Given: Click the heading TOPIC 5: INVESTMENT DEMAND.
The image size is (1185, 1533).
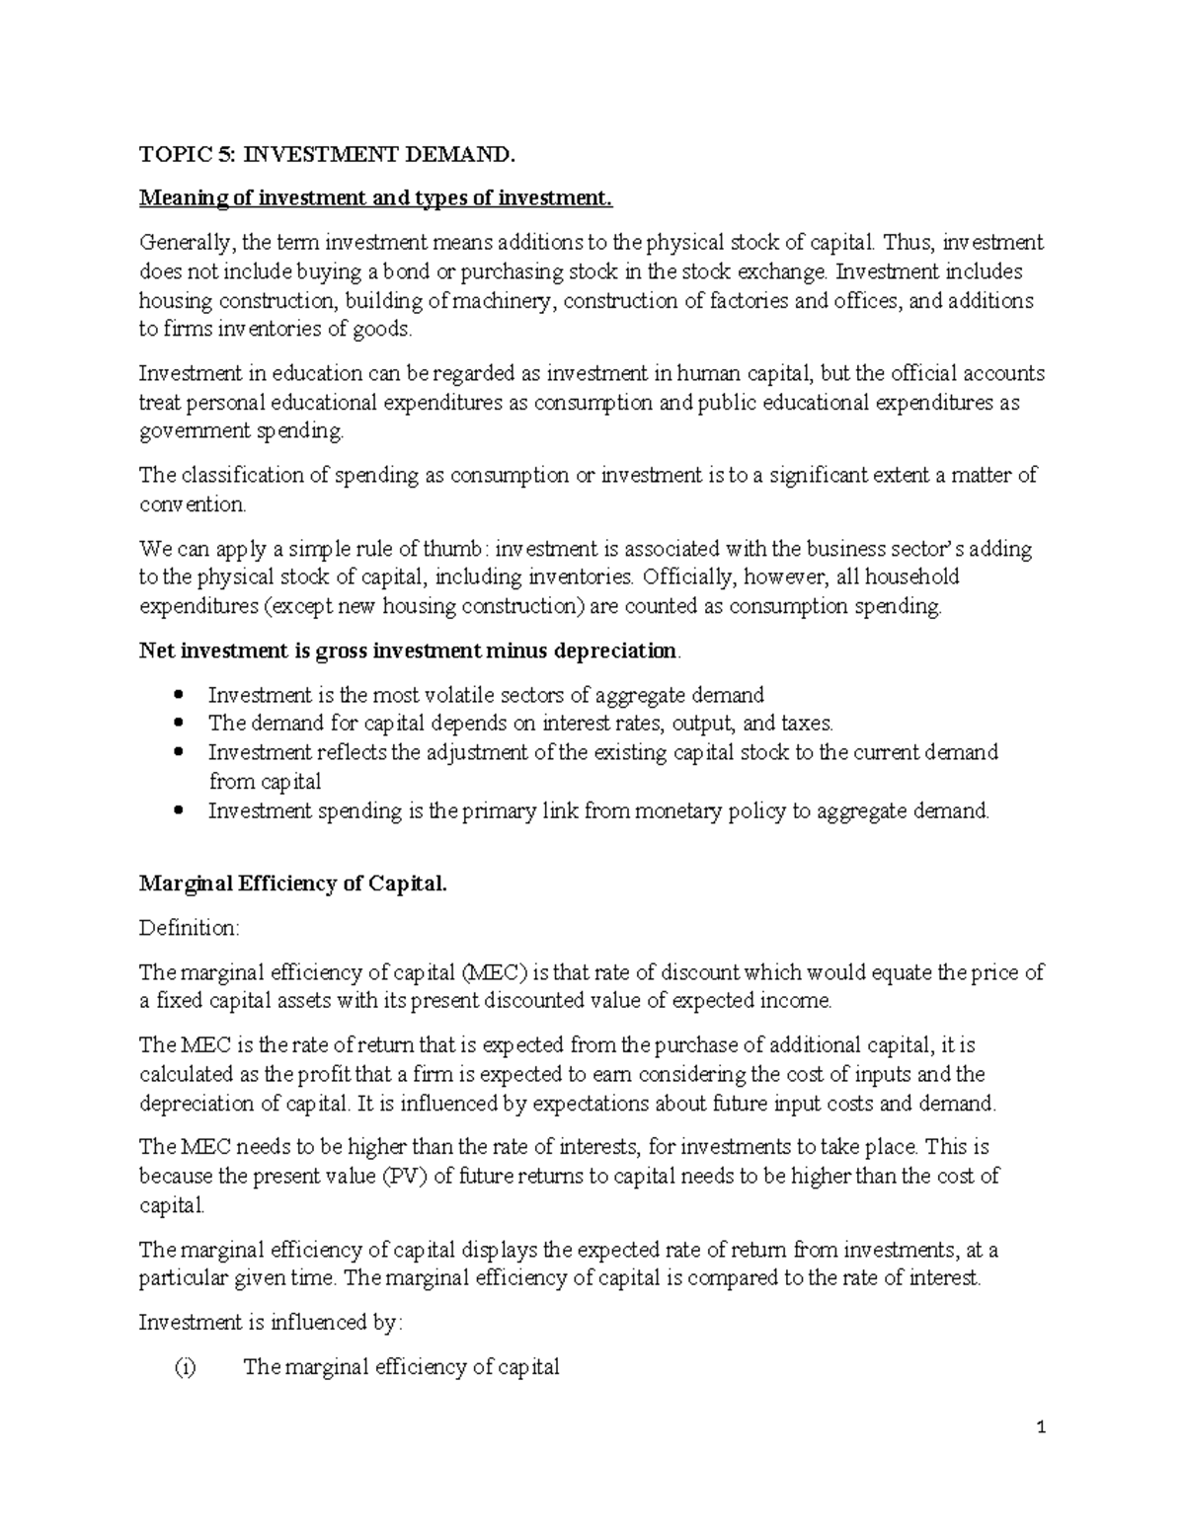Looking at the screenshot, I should (327, 155).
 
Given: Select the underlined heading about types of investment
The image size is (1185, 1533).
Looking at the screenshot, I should (375, 198).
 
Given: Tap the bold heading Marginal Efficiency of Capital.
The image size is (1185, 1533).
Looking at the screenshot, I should (292, 883).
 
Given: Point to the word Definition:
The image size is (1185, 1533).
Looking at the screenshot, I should (189, 929).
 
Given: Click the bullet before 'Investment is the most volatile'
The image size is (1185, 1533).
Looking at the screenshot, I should (178, 695).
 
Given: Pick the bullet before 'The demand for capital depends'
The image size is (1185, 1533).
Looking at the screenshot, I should (178, 724).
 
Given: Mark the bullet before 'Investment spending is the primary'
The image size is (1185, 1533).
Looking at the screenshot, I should (178, 811).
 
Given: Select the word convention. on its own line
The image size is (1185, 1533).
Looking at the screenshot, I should (192, 504).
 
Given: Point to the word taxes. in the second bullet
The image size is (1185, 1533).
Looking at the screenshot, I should (793, 724).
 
